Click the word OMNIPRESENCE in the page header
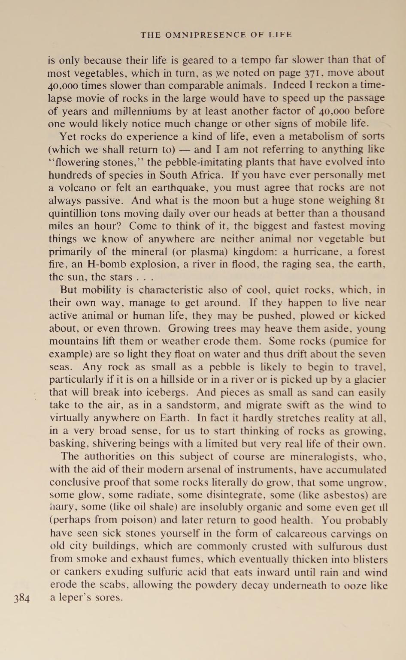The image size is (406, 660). coord(205,35)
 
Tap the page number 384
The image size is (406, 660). coord(21,598)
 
